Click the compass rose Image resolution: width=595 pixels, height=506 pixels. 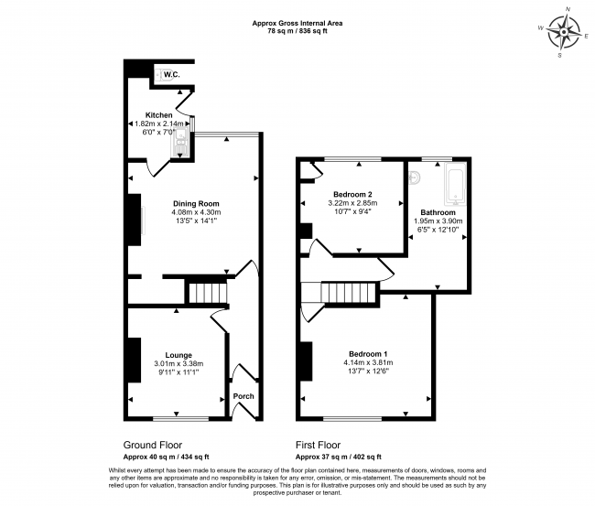coord(564,32)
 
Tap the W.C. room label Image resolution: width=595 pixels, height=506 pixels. coord(172,74)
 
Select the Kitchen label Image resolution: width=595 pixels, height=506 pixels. coord(159,115)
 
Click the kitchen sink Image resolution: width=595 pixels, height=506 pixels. coord(180,142)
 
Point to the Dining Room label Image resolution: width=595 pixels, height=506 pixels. coord(196,203)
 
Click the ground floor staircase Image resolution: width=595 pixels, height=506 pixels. coord(208,292)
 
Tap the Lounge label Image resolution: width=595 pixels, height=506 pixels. coord(178,355)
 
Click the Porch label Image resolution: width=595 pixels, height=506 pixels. coord(243,396)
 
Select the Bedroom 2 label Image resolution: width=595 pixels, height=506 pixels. coord(352,195)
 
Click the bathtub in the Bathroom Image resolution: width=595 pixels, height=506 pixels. coord(455,184)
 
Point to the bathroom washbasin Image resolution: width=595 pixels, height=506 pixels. coord(416,178)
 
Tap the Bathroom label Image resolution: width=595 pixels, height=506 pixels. coord(438,212)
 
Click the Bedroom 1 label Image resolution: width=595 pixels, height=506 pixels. coord(368,354)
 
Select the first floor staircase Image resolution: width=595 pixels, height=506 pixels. coord(349,292)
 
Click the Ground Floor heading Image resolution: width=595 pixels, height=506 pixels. coord(153,445)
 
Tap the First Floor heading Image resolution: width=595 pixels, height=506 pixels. coord(318,445)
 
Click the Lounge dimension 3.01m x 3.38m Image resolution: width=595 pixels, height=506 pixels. coord(178,364)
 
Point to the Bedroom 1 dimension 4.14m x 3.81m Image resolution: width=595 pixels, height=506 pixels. coord(368,362)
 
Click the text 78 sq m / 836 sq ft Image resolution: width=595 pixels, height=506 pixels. coord(297,31)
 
